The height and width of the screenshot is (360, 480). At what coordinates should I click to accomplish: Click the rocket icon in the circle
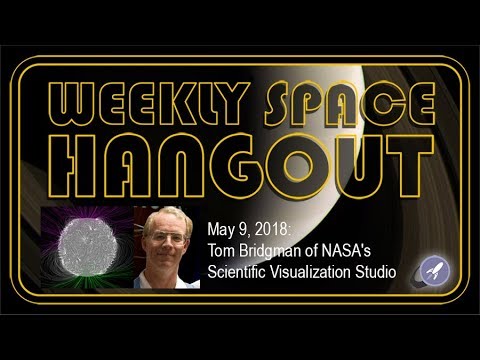433,268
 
